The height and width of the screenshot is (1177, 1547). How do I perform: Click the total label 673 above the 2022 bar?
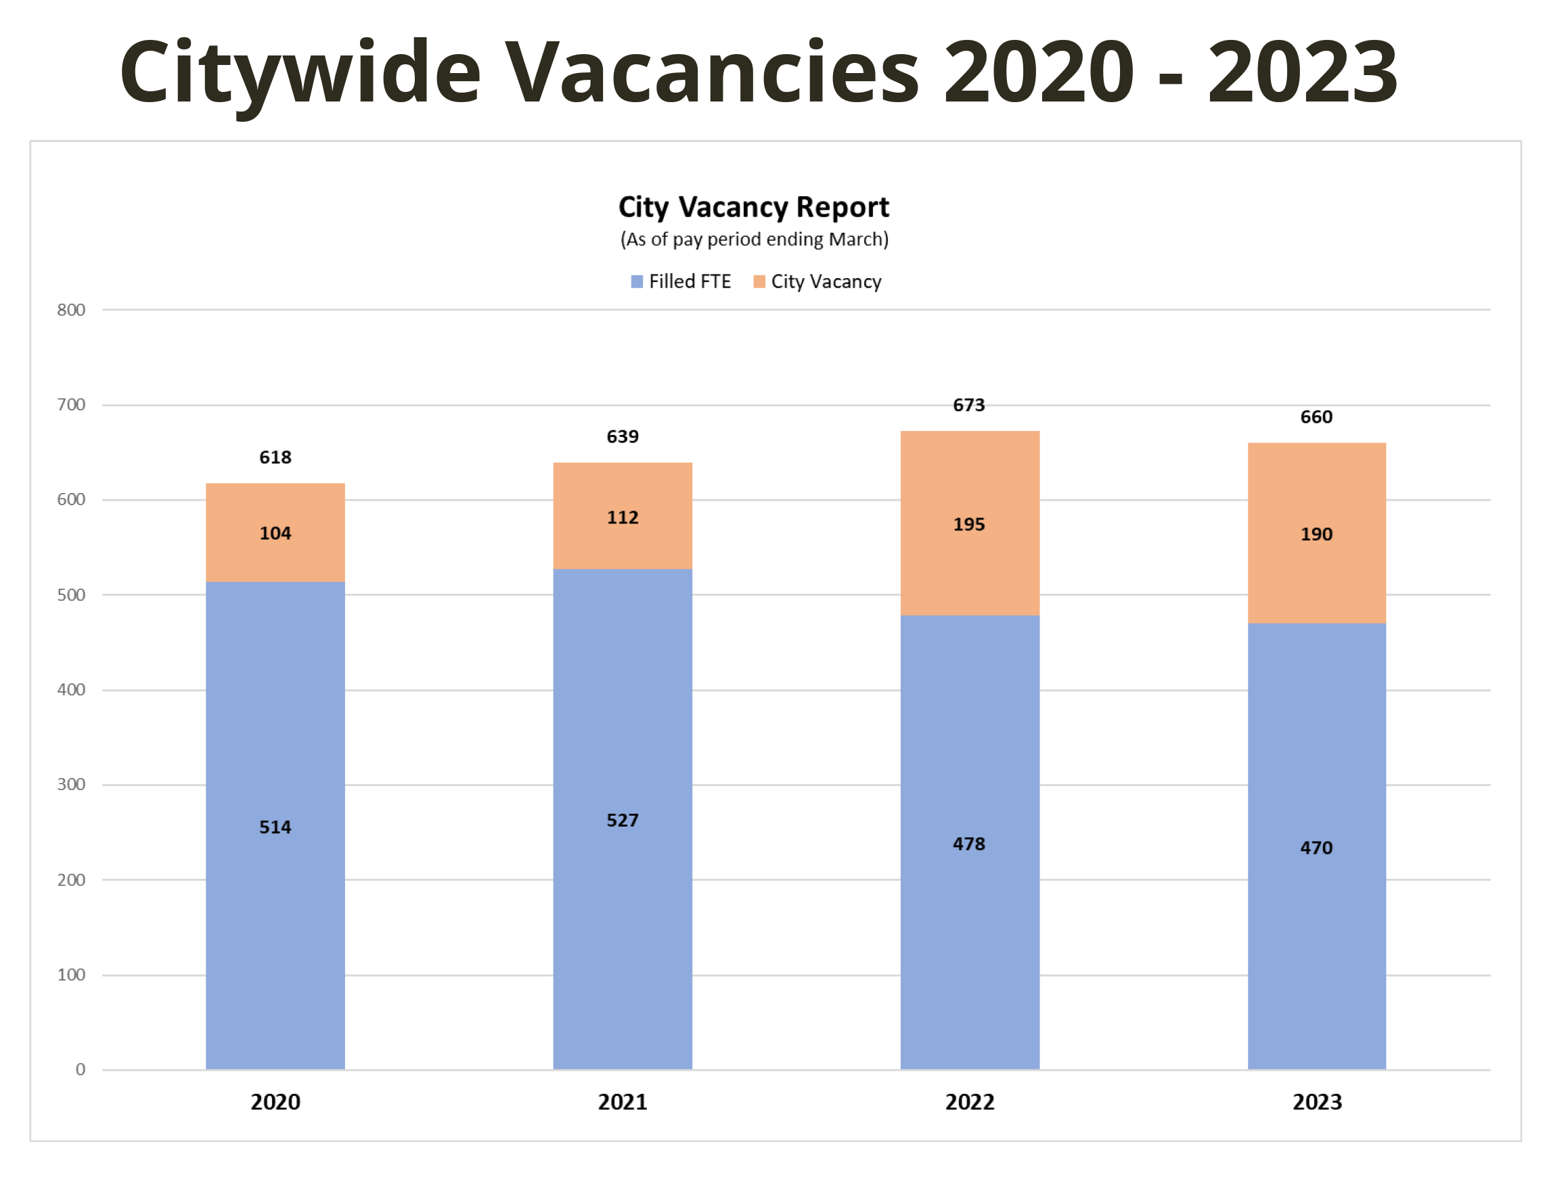968,405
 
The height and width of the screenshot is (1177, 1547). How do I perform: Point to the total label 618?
275,457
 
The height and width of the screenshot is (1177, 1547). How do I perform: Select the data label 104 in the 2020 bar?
275,533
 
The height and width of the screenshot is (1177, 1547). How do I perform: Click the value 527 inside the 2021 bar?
622,820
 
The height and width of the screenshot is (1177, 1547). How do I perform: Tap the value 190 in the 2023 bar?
1316,534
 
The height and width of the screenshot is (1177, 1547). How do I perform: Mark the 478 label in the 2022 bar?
968,844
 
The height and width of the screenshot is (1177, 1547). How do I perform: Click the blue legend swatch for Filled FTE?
637,281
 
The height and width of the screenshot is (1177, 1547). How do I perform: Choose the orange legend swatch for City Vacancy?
759,281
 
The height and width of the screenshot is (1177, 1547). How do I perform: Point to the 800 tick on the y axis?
71,310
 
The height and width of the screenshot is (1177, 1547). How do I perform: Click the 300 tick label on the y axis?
71,784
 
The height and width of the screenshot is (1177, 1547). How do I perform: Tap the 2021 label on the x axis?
622,1102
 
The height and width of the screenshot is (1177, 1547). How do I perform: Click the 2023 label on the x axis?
1316,1102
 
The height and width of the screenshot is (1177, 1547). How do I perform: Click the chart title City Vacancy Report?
753,208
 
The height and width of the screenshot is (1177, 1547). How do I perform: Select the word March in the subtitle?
856,239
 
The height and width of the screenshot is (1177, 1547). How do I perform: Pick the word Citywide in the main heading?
300,72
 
